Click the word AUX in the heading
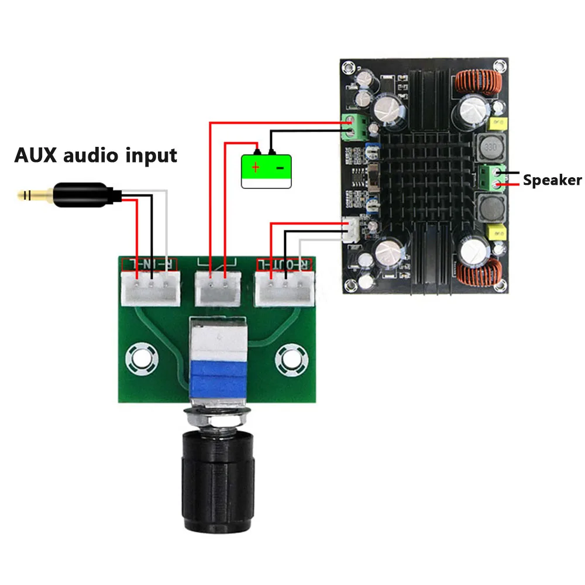click(x=35, y=156)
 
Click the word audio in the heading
click(x=90, y=156)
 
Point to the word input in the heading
click(x=151, y=157)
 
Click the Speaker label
click(x=552, y=180)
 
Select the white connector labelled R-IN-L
click(x=150, y=288)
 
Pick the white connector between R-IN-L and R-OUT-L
click(x=217, y=288)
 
